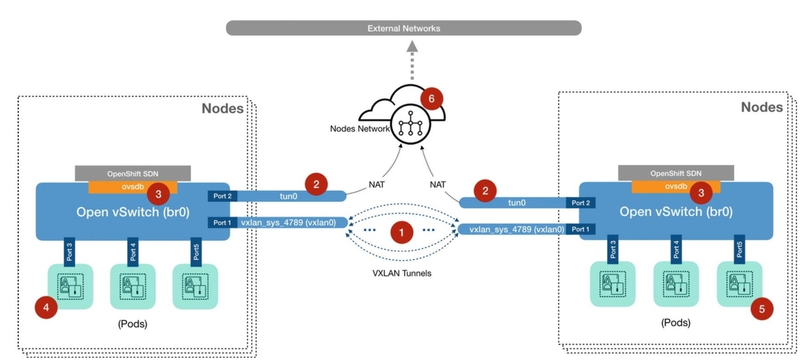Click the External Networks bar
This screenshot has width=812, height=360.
[403, 28]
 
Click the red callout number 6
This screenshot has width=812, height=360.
[431, 97]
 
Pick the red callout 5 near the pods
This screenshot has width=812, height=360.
[762, 309]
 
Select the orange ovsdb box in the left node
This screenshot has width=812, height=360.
[132, 187]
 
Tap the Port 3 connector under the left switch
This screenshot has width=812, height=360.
[67, 250]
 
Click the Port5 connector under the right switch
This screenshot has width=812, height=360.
[739, 250]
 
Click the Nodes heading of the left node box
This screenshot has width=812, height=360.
[222, 108]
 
